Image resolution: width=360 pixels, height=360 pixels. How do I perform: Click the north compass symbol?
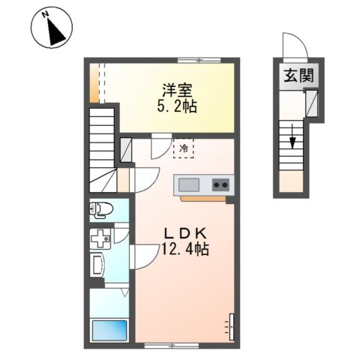pos(52,27)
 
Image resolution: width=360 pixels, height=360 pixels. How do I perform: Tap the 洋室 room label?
pos(177,91)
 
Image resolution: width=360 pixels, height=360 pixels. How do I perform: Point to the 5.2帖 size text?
pos(177,106)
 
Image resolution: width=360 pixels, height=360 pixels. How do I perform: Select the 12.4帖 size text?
pos(185,249)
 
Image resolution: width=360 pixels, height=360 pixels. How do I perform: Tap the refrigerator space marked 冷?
pos(184,148)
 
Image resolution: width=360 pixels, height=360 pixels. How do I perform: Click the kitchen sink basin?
pos(189,185)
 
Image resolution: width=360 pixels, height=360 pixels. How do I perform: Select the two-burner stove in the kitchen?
pos(220,185)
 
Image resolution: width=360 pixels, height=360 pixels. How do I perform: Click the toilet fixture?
pos(101,209)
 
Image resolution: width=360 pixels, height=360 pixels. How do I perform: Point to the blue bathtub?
pos(109,331)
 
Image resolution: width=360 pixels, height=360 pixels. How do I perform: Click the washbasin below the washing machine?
pos(97,265)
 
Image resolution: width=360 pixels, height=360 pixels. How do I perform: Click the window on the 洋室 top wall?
pos(199,60)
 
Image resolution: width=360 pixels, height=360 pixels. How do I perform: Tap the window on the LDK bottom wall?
pos(172,346)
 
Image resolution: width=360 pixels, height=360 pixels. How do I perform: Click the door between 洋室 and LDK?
pos(161,146)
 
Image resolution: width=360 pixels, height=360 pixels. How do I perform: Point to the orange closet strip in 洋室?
pos(94,83)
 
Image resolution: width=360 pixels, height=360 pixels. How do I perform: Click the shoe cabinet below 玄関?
pos(312,103)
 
